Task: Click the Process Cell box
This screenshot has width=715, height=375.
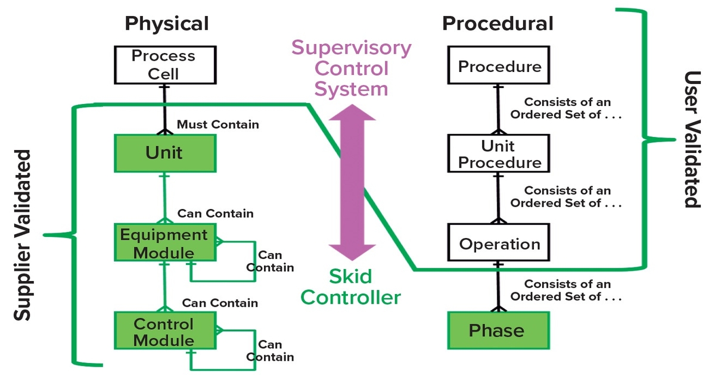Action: coord(163,65)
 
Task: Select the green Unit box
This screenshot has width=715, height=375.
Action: coord(164,153)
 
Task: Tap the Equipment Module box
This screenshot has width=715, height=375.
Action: coord(164,243)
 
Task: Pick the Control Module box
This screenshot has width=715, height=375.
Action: coord(164,332)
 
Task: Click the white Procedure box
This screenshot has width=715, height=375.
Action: coord(499,66)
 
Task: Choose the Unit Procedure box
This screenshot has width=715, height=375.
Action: coord(499,154)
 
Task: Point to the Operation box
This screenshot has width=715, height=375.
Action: coord(499,244)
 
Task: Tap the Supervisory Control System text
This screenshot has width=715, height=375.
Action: coord(351,68)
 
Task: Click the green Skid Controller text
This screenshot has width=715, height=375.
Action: coord(350,286)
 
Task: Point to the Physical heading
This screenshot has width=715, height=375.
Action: coord(166,24)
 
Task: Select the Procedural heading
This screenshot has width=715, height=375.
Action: coord(498,24)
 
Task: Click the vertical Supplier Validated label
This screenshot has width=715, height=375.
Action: coord(22,235)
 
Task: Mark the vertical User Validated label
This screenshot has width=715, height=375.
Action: coord(692,140)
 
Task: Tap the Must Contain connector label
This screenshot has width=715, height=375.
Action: coord(217,124)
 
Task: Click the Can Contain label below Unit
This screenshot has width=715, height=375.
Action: coord(215,213)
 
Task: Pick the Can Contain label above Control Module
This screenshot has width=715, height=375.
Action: coord(220,303)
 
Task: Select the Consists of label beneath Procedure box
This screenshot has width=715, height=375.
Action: coord(567,108)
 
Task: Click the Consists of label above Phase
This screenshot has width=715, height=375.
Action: coord(567,290)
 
